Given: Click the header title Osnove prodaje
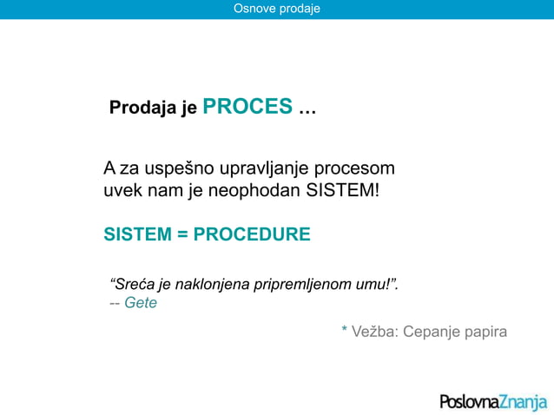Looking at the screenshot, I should point(277,9).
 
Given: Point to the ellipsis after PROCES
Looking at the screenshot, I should point(307,110).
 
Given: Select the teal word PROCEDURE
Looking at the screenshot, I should point(252,235).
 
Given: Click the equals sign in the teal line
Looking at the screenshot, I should point(182,235).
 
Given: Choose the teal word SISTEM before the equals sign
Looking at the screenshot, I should point(138,235).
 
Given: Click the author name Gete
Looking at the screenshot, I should point(141,304).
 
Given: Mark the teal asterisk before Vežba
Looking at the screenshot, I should point(345,330).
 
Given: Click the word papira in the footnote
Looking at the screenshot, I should point(485,333).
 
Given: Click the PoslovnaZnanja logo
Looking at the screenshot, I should point(492,401).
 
